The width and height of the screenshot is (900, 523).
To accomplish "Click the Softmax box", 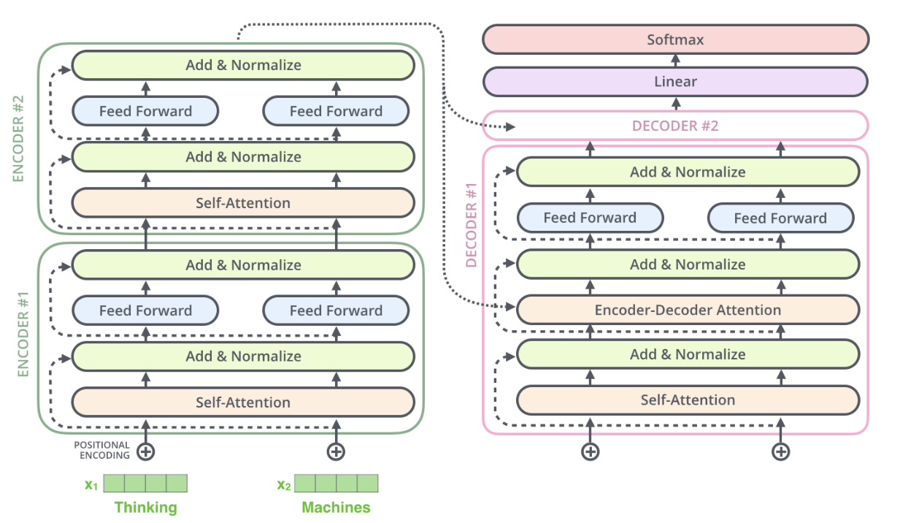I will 675,39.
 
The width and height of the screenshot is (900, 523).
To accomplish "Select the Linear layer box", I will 675,82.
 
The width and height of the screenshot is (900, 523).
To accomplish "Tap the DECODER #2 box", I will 675,126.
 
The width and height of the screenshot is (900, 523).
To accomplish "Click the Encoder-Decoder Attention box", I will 687,310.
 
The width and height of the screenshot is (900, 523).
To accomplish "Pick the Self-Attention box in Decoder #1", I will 687,400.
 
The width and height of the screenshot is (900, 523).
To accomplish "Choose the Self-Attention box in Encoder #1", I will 242,402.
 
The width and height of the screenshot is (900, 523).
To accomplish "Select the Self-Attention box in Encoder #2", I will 242,202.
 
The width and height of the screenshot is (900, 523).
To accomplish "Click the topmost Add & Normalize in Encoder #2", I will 242,65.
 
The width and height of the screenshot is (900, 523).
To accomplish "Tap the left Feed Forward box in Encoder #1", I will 145,310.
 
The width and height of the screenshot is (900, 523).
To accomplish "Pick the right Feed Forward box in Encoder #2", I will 336,111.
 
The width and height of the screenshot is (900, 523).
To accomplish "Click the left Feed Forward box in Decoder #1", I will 590,218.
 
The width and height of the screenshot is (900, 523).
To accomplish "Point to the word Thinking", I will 145,507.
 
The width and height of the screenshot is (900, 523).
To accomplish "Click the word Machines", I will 336,507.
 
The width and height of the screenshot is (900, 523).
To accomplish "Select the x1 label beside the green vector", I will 91,484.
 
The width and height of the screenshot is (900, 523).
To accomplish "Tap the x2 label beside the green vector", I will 283,484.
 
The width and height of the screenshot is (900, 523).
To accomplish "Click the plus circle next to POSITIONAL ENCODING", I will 146,451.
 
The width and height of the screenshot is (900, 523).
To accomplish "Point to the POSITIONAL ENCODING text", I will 101,450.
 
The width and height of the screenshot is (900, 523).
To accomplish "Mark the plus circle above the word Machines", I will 336,451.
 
